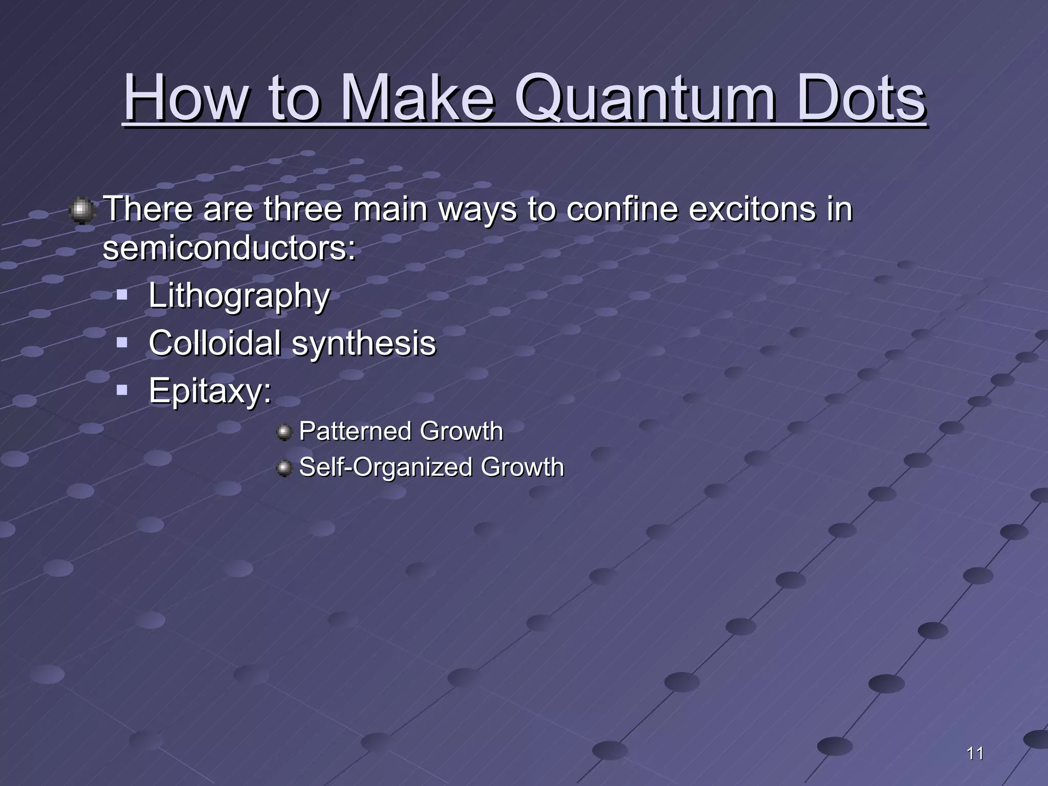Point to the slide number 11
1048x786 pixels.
coord(975,753)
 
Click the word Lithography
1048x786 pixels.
coord(239,296)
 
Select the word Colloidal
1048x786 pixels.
coord(214,342)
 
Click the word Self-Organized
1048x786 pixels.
coord(385,467)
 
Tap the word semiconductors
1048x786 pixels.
coord(228,248)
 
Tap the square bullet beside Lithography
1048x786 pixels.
coord(122,294)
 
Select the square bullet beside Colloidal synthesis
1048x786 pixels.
coord(122,342)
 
